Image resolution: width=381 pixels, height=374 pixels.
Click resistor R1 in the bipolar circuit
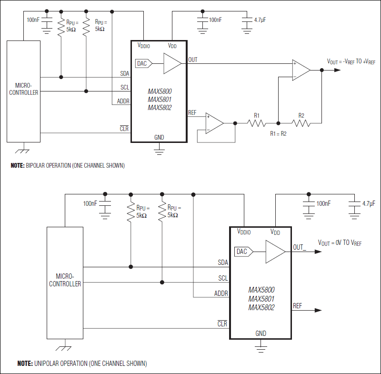257,123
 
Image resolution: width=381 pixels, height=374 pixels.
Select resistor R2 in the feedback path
301,123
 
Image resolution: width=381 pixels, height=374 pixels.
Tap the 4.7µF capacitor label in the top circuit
261,20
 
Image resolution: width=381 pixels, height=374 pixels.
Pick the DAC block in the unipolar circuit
242,251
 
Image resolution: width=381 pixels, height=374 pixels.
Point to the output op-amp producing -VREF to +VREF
301,70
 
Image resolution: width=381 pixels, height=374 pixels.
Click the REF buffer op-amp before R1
214,122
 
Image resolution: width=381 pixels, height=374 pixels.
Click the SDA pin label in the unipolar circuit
222,262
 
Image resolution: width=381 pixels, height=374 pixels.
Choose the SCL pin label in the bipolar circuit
125,87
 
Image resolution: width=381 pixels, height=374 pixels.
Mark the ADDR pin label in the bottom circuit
221,293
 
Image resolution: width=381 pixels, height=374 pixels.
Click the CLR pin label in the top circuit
124,129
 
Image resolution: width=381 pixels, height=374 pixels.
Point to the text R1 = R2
279,134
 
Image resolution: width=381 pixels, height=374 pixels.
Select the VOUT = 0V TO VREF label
340,243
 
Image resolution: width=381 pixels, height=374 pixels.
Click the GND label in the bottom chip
261,334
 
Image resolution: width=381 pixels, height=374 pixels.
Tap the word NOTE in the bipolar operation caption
19,166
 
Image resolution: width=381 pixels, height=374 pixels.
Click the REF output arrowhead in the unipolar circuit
316,310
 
